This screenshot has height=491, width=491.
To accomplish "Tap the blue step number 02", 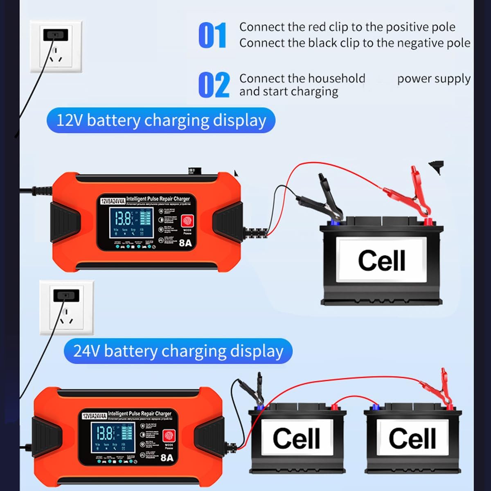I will (x=214, y=85).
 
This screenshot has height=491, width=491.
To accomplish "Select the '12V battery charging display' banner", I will (x=161, y=120).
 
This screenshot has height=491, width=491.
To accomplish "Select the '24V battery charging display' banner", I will (x=178, y=351).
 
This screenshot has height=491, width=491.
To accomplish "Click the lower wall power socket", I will (x=67, y=307).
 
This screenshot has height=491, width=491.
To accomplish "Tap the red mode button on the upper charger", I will (x=187, y=221).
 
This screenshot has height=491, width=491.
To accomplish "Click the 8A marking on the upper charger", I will (x=185, y=243).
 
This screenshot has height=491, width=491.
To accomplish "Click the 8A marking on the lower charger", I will (x=167, y=457).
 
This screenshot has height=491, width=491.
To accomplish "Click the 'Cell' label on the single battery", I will (x=381, y=260).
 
